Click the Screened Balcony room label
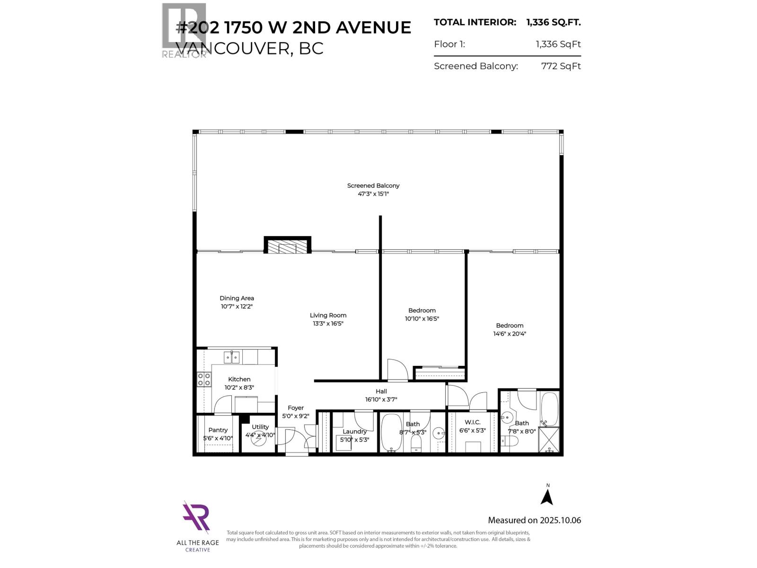click(x=373, y=186)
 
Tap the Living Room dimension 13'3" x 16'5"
click(x=328, y=324)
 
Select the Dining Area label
click(x=237, y=298)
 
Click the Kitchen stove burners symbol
click(x=204, y=380)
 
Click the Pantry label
click(x=218, y=430)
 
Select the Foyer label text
click(x=296, y=408)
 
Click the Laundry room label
click(x=354, y=431)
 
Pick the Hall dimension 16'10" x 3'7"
click(x=381, y=399)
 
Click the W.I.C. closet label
click(x=472, y=422)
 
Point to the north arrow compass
click(x=547, y=496)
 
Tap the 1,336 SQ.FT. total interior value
click(x=553, y=22)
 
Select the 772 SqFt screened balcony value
click(x=561, y=66)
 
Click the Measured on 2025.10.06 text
click(x=534, y=520)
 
